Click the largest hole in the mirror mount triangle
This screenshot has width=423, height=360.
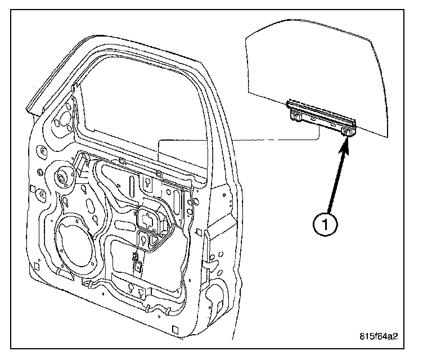tap(63, 119)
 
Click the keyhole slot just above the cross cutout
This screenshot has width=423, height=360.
tap(147, 183)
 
